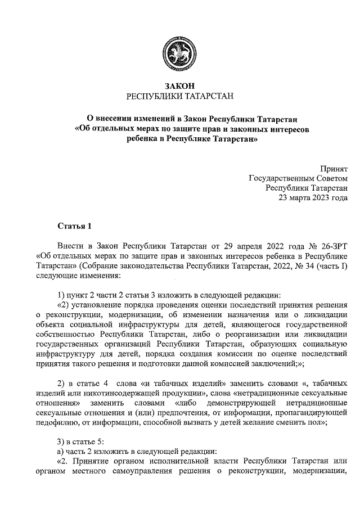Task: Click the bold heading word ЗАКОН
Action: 179,86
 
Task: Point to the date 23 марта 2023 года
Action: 313,197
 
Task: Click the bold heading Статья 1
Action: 74,227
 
